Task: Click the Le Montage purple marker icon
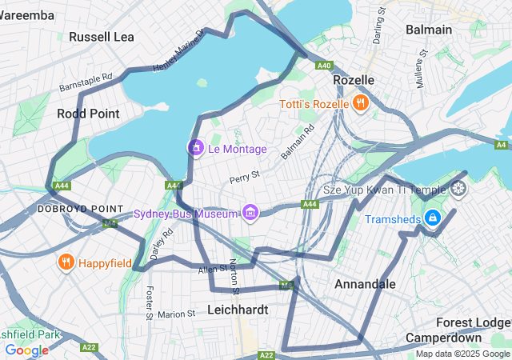click(x=195, y=148)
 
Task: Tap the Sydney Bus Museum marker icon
click(x=251, y=213)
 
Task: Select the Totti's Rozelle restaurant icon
click(x=361, y=103)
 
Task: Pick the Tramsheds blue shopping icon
click(x=432, y=218)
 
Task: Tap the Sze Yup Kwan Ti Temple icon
click(x=458, y=190)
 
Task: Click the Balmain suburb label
click(x=429, y=30)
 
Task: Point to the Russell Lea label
click(x=102, y=37)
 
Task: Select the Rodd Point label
click(x=88, y=114)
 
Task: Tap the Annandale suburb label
click(x=365, y=284)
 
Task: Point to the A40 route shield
click(x=324, y=66)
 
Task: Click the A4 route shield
click(x=502, y=145)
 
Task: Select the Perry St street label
click(x=245, y=174)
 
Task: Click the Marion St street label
click(x=177, y=314)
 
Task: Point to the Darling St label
click(x=379, y=26)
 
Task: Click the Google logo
click(x=26, y=350)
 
